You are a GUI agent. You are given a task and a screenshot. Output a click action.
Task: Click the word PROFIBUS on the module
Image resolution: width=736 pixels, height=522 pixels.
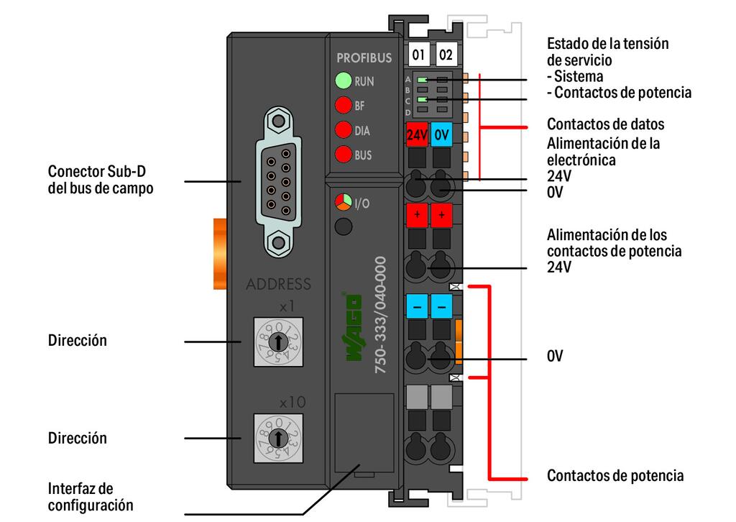pos(364,58)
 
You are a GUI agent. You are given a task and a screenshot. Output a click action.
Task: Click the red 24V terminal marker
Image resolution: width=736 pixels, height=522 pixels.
pos(417,134)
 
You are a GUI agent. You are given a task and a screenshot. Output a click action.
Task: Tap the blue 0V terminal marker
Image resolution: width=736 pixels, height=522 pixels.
pos(442,134)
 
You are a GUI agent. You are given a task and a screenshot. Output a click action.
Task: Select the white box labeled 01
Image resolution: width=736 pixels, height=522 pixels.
pos(418,55)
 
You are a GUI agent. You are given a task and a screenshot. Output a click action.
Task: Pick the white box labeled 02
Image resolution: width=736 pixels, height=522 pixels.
pos(446,55)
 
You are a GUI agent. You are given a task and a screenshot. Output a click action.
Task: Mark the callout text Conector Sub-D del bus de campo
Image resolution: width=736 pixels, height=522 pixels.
pos(100,180)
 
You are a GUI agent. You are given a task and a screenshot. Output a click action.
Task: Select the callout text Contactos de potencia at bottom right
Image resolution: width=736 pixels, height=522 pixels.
pos(615,476)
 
